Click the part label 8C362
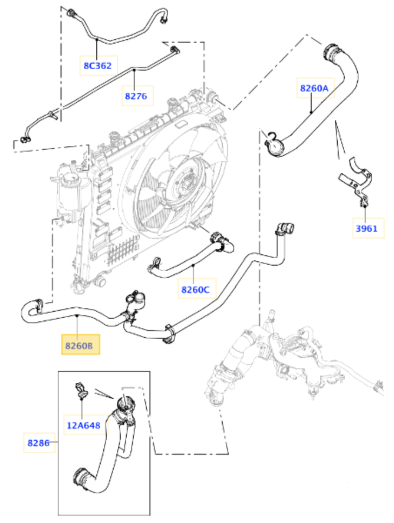coord(98,65)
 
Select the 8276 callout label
coord(136,96)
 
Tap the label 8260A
coord(314,88)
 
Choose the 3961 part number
coord(367,229)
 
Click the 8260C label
coord(195,290)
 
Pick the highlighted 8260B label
coord(79,346)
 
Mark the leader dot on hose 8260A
coord(311,112)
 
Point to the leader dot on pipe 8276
coord(134,70)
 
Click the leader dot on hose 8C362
coord(97,40)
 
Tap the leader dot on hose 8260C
coord(194,265)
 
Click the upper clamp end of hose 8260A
coord(332,51)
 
